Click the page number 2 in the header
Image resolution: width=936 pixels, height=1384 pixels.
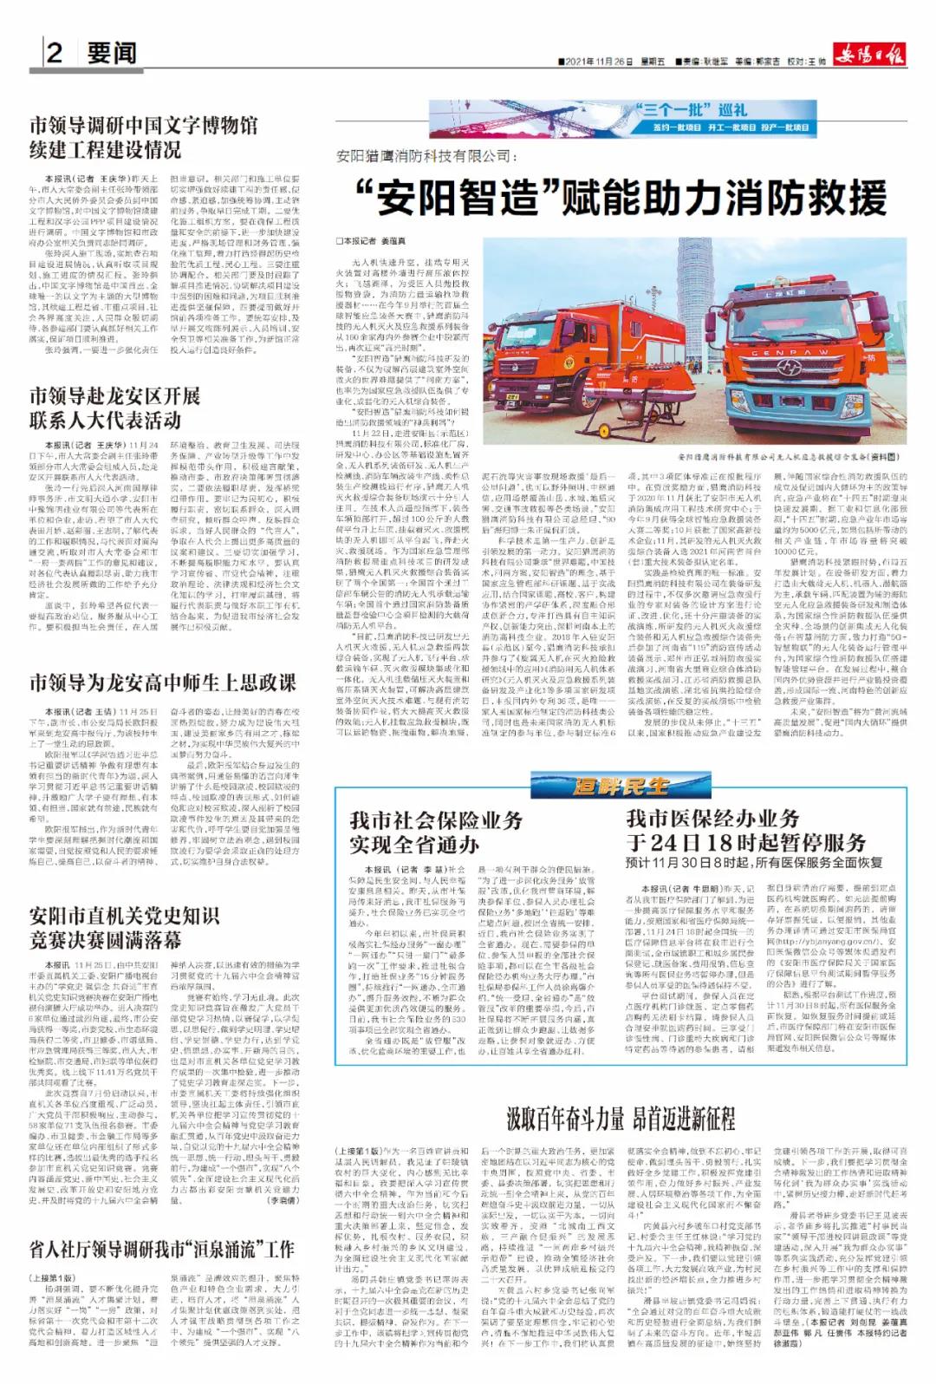(x=54, y=55)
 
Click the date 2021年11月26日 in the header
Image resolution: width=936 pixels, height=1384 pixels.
(x=598, y=62)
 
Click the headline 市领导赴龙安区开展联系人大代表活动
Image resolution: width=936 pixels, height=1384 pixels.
(x=115, y=408)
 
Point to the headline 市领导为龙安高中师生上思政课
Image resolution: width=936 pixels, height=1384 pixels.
(x=163, y=683)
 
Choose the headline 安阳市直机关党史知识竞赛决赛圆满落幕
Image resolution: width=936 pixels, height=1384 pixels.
(x=124, y=928)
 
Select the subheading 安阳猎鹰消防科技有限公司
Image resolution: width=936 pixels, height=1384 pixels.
(x=424, y=157)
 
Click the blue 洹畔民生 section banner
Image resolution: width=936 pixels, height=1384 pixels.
(x=621, y=787)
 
